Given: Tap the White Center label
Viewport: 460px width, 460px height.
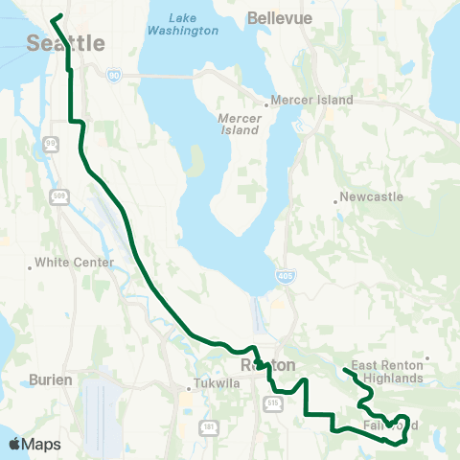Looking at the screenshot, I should (74, 262).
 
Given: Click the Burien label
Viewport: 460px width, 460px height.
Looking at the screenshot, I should (54, 380).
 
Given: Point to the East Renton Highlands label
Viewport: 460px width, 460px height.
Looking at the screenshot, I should (387, 372).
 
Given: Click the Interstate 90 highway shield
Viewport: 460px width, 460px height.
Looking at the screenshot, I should (114, 75).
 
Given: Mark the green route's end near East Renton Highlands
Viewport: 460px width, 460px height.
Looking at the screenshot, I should (344, 370).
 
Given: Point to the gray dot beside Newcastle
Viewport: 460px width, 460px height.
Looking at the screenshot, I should (337, 201).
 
